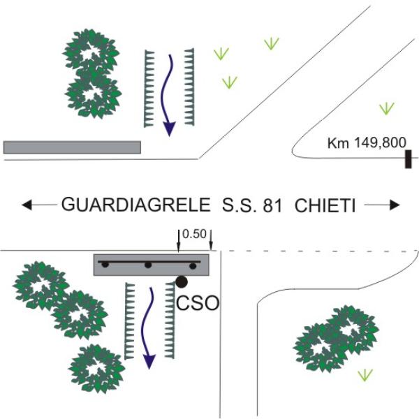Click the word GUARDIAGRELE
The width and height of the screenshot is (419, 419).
(x=135, y=205)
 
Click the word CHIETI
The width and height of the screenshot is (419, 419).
(x=325, y=205)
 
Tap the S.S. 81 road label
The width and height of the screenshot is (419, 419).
(x=252, y=205)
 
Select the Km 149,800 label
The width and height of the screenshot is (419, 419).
(x=367, y=142)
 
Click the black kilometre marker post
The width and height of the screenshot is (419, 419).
(x=408, y=159)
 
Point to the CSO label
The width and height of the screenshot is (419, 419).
(x=198, y=303)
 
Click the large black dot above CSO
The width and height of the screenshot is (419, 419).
(x=182, y=281)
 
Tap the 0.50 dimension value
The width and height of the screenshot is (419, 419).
(x=194, y=235)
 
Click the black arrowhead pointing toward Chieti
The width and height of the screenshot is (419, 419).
(x=395, y=205)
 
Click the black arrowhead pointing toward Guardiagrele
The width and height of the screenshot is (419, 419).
(x=27, y=205)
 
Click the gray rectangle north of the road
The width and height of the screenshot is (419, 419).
(x=72, y=147)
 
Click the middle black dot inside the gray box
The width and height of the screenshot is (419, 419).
(x=148, y=265)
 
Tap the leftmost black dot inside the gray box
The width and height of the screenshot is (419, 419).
(x=105, y=265)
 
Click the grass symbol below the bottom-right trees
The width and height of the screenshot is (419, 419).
(x=365, y=375)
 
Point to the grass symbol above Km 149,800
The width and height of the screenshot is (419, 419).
(x=387, y=108)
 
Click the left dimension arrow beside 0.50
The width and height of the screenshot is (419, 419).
(x=179, y=240)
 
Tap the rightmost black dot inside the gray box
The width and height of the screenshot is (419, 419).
(x=193, y=265)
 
